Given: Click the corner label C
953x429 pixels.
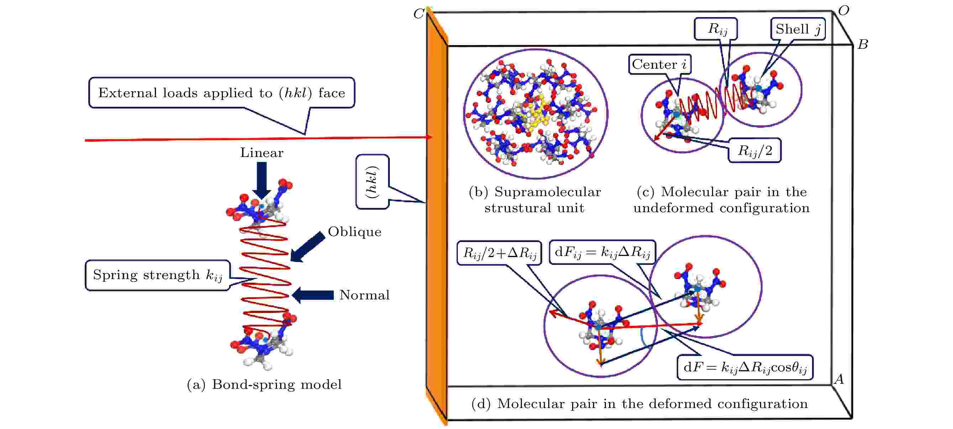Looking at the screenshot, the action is tap(418, 14).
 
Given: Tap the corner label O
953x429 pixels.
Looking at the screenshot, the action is tap(844, 11).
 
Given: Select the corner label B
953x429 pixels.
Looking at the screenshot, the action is tap(863, 45).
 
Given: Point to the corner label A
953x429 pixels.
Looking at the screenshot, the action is tap(839, 379).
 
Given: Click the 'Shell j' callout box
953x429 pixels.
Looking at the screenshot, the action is tap(798, 29).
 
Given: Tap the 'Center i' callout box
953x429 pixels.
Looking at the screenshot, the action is tap(660, 64).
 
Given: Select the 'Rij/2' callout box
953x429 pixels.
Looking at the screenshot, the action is tap(755, 151).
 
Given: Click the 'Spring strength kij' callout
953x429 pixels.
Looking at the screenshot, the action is tap(158, 275).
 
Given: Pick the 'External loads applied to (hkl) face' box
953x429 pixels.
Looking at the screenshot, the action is tap(221, 93).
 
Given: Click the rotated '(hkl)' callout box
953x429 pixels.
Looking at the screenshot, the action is tap(372, 182).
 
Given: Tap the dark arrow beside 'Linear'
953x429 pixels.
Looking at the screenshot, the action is tap(262, 181).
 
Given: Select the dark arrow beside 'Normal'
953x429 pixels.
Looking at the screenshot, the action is tap(313, 295).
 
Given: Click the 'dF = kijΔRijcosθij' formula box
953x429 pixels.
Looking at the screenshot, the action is tap(745, 367).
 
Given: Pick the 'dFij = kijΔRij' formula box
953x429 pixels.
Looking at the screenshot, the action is tap(602, 252).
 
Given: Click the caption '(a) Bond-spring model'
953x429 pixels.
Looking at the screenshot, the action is tap(264, 384).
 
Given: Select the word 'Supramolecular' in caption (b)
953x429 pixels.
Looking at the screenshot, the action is tap(548, 192).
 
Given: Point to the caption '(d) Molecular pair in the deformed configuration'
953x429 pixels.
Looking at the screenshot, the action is tap(639, 404).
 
